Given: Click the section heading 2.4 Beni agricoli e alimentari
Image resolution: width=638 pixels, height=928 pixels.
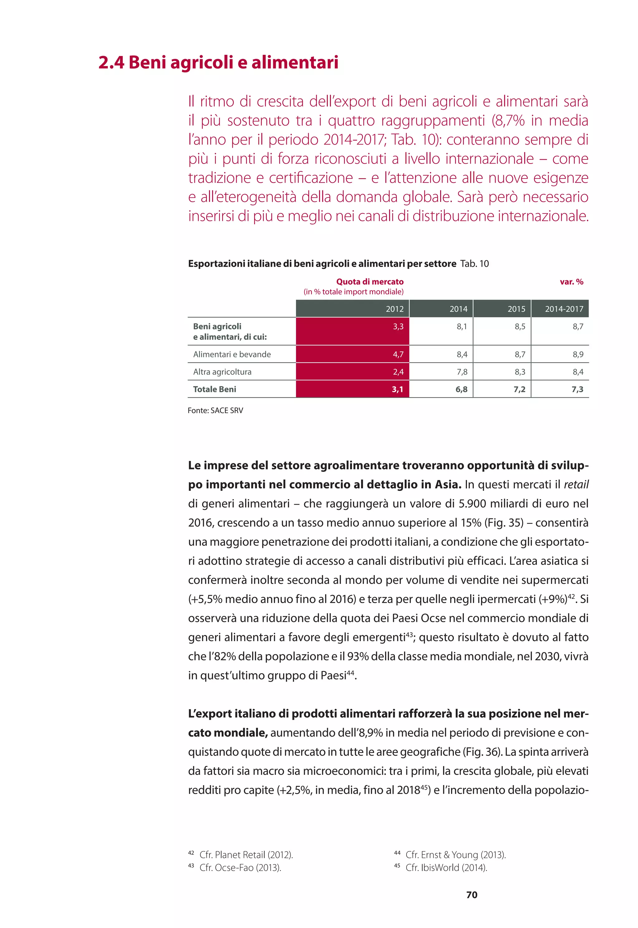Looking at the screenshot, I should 218,63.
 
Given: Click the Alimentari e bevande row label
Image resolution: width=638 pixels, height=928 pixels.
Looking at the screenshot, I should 232,355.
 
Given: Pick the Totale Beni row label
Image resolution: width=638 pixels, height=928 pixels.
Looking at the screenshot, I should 215,389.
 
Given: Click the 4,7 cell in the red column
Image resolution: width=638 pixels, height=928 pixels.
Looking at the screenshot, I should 398,355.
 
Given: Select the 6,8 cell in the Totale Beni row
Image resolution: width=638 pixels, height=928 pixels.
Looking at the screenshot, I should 461,389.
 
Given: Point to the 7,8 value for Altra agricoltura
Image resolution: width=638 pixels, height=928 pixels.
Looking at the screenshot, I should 462,372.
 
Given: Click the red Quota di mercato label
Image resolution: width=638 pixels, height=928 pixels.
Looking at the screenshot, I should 369,282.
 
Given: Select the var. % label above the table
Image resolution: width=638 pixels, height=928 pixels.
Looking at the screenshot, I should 571,282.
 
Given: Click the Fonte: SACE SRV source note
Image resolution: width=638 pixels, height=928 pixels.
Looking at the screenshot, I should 216,411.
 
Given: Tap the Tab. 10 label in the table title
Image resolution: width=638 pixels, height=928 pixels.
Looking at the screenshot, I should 474,264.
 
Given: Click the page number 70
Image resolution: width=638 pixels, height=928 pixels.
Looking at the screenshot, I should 472,895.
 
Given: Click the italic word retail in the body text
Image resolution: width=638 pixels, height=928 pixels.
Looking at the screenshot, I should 576,485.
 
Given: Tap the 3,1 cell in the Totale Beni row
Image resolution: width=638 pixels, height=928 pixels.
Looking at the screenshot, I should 398,389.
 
